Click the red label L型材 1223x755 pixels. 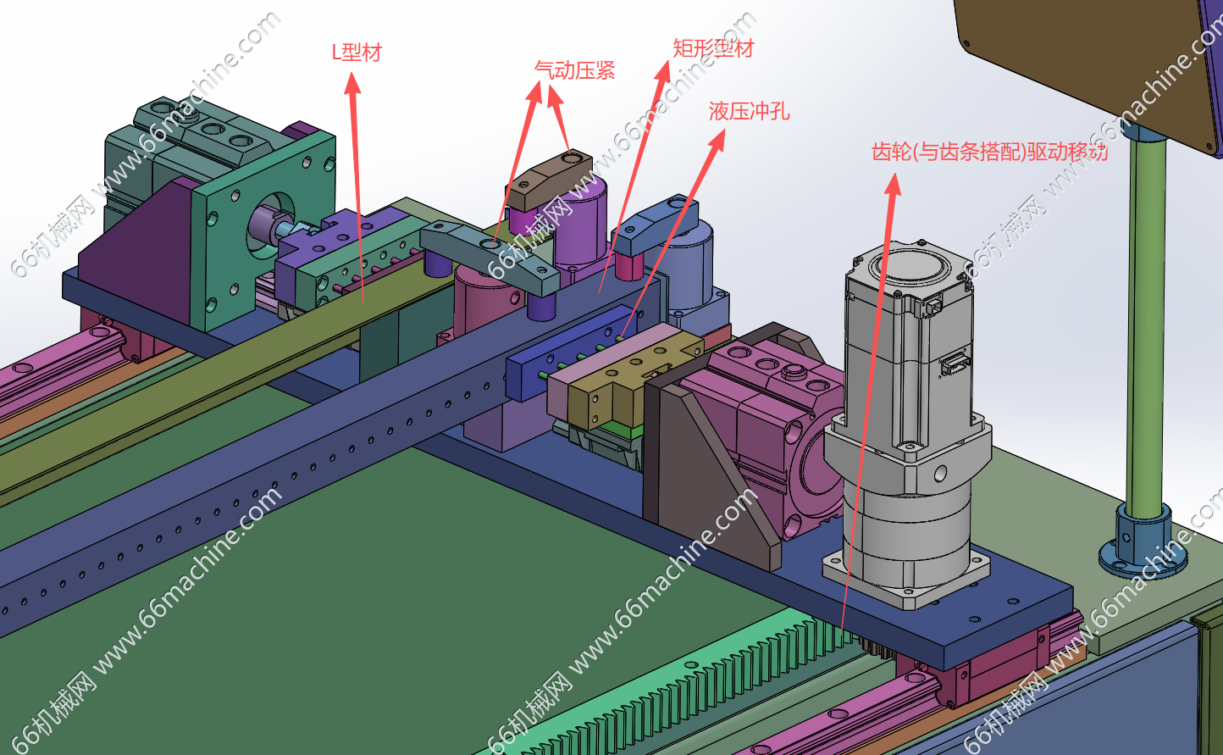point(357,53)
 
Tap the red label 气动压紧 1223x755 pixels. point(574,70)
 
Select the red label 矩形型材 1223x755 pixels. point(713,48)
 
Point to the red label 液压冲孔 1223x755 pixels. point(749,112)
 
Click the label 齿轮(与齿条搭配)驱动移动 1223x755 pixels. point(989,152)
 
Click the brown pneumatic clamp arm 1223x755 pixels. point(549,180)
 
